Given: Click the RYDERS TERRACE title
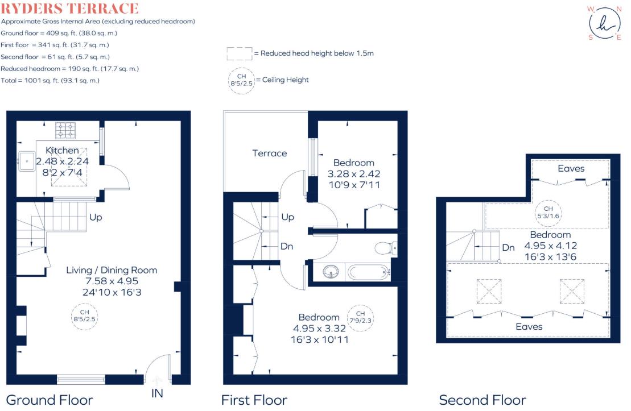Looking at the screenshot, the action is click(69, 9).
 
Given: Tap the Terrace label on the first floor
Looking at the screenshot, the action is click(270, 153).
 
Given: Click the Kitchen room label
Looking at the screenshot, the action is click(62, 151).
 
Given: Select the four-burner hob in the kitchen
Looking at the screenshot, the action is click(65, 130).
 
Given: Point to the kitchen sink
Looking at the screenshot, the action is click(27, 161).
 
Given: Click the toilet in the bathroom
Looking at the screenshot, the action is click(386, 248).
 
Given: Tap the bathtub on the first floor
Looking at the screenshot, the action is click(369, 272).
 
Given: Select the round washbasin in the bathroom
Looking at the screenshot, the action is click(331, 272).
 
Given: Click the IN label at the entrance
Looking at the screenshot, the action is click(157, 393).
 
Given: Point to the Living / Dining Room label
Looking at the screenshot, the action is click(112, 270).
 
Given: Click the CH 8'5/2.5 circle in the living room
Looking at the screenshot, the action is click(85, 316).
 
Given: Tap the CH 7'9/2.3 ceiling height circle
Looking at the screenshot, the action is click(361, 317).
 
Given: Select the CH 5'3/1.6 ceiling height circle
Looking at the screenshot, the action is click(548, 213).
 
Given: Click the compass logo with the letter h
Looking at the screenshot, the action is click(604, 23).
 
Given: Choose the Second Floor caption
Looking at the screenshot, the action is click(482, 400).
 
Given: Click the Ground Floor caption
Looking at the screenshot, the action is click(50, 400).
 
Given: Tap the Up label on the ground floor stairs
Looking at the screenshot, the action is click(96, 217).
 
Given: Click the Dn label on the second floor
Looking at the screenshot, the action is click(508, 248).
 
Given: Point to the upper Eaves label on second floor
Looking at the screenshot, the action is click(571, 168).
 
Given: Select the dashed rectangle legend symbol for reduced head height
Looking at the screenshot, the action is click(240, 53).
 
